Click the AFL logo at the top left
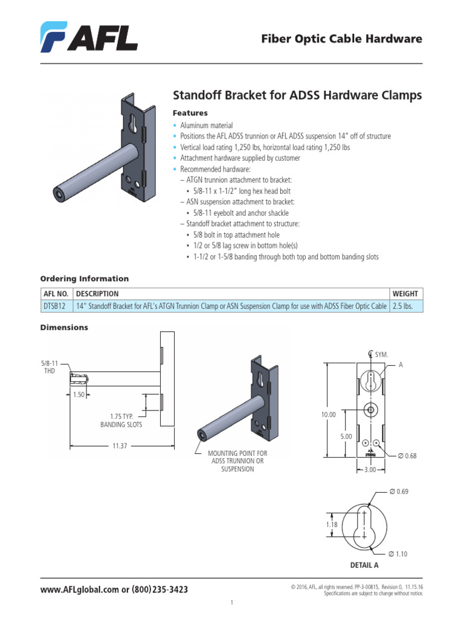pos(89,37)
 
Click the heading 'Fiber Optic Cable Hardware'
pos(341,39)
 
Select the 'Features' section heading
pos(190,113)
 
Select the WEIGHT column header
pos(405,293)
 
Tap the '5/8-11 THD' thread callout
pos(48,367)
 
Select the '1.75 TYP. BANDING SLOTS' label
pos(121,421)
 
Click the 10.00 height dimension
pos(328,415)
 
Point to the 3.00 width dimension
pos(369,469)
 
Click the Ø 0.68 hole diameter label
pos(408,455)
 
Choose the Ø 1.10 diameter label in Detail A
pos(399,554)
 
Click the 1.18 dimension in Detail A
pos(332,525)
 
